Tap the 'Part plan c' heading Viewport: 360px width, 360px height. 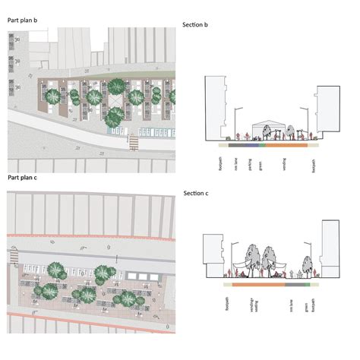click(23, 177)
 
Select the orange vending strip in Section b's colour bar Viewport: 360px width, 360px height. click(286, 144)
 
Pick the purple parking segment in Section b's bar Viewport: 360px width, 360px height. click(250, 144)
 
